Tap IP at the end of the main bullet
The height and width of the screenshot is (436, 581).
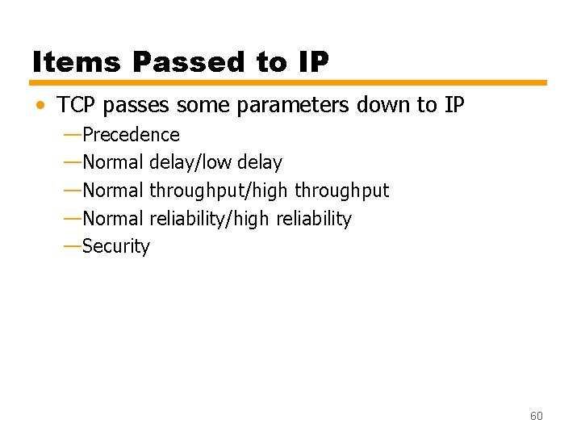pyautogui.click(x=453, y=105)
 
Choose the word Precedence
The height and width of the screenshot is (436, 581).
pyautogui.click(x=131, y=134)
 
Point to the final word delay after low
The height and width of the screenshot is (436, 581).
pyautogui.click(x=259, y=162)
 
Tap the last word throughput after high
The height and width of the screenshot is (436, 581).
pyautogui.click(x=341, y=191)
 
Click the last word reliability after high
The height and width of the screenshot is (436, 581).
pyautogui.click(x=314, y=219)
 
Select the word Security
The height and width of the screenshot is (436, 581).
pyautogui.click(x=116, y=246)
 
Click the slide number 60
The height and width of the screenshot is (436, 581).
pyautogui.click(x=536, y=416)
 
